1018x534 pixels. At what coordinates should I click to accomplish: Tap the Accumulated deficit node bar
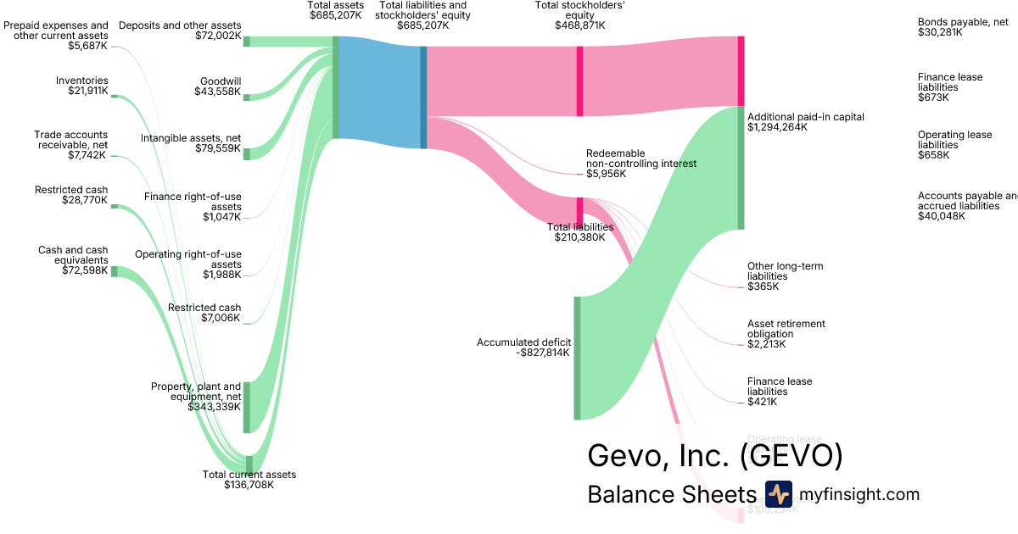578,358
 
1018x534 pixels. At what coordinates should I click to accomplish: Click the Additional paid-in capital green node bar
741,168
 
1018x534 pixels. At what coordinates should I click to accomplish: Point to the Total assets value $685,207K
336,16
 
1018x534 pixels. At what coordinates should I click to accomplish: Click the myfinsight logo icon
778,494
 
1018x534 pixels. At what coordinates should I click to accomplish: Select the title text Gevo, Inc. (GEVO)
715,455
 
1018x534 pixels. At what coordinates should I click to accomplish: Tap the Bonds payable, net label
963,27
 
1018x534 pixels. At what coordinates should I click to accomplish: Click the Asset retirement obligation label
786,334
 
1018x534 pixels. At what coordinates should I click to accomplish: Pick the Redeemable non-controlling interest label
640,163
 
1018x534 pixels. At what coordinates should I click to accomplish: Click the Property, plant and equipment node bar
247,408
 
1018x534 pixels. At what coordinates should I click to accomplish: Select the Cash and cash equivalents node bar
115,271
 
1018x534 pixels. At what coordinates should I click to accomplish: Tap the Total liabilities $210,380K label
579,232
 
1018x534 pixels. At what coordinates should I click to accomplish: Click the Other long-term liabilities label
785,276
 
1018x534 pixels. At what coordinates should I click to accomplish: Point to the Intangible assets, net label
191,142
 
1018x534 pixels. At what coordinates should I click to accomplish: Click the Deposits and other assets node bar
247,41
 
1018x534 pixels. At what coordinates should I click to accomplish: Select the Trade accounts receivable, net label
71,145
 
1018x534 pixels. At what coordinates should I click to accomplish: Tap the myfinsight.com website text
859,494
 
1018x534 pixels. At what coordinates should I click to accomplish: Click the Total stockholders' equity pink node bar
579,81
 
